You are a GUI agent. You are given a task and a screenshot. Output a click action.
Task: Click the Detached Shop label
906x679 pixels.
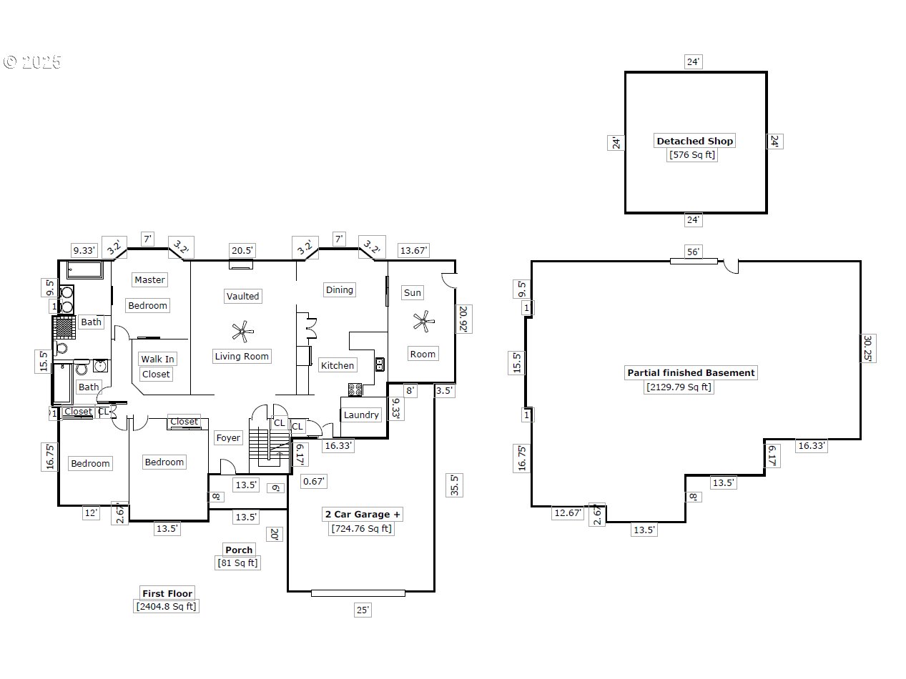(x=695, y=141)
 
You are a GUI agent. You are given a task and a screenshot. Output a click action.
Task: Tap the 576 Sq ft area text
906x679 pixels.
(x=691, y=154)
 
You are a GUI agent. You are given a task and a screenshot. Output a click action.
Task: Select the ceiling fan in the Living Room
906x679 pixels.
(x=243, y=330)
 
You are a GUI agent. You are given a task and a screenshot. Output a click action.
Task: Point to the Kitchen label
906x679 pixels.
(x=337, y=365)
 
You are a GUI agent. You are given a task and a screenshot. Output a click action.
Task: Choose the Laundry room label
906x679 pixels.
(x=361, y=415)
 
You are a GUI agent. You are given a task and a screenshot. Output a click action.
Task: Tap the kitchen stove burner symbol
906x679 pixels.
(x=355, y=390)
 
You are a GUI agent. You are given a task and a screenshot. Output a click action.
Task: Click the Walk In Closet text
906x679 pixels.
(x=157, y=366)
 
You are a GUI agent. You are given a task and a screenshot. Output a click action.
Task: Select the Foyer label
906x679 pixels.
(x=228, y=437)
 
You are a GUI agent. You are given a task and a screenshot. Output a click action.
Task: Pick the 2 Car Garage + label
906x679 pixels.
(x=363, y=514)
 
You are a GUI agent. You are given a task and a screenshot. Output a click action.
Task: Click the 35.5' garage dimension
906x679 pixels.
(x=453, y=485)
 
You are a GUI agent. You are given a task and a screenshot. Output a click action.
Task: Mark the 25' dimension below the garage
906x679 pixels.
(x=363, y=610)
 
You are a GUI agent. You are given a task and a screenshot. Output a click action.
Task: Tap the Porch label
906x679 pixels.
(x=239, y=550)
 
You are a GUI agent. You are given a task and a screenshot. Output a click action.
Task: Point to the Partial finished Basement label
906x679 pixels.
(x=691, y=372)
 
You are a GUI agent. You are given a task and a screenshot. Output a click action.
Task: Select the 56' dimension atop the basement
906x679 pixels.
(x=694, y=252)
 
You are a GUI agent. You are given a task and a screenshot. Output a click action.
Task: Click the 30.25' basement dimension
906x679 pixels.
(x=868, y=349)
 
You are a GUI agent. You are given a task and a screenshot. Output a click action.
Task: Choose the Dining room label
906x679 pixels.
(x=339, y=289)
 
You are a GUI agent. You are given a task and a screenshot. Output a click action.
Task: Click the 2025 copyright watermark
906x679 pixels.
(x=33, y=62)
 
